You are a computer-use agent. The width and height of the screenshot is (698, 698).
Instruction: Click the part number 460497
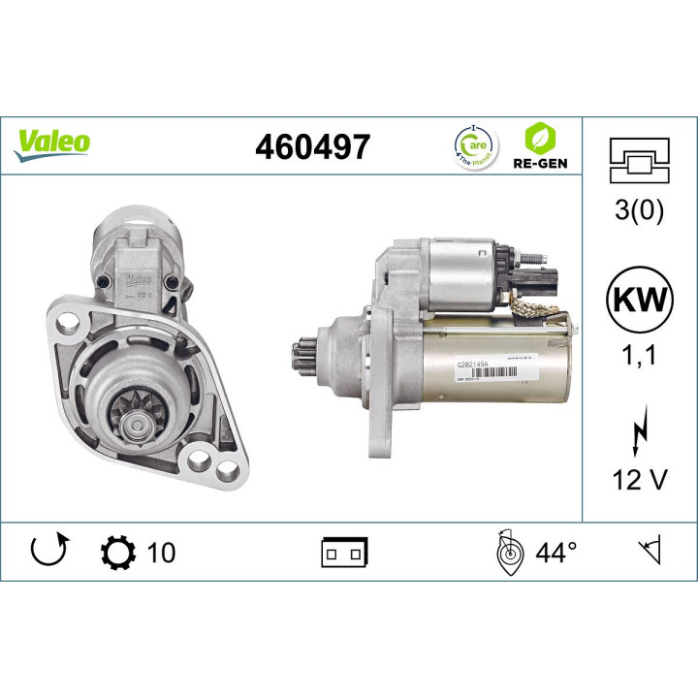pyautogui.click(x=312, y=147)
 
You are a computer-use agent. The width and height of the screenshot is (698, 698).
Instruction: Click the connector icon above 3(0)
pyautogui.click(x=639, y=159)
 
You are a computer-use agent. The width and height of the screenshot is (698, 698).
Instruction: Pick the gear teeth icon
pyautogui.click(x=116, y=553)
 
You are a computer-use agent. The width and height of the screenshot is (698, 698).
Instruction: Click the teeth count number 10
pyautogui.click(x=162, y=553)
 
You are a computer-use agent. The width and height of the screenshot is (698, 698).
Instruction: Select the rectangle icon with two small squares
pyautogui.click(x=344, y=554)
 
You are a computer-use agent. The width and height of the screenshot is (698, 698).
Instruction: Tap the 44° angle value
pyautogui.click(x=556, y=553)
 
